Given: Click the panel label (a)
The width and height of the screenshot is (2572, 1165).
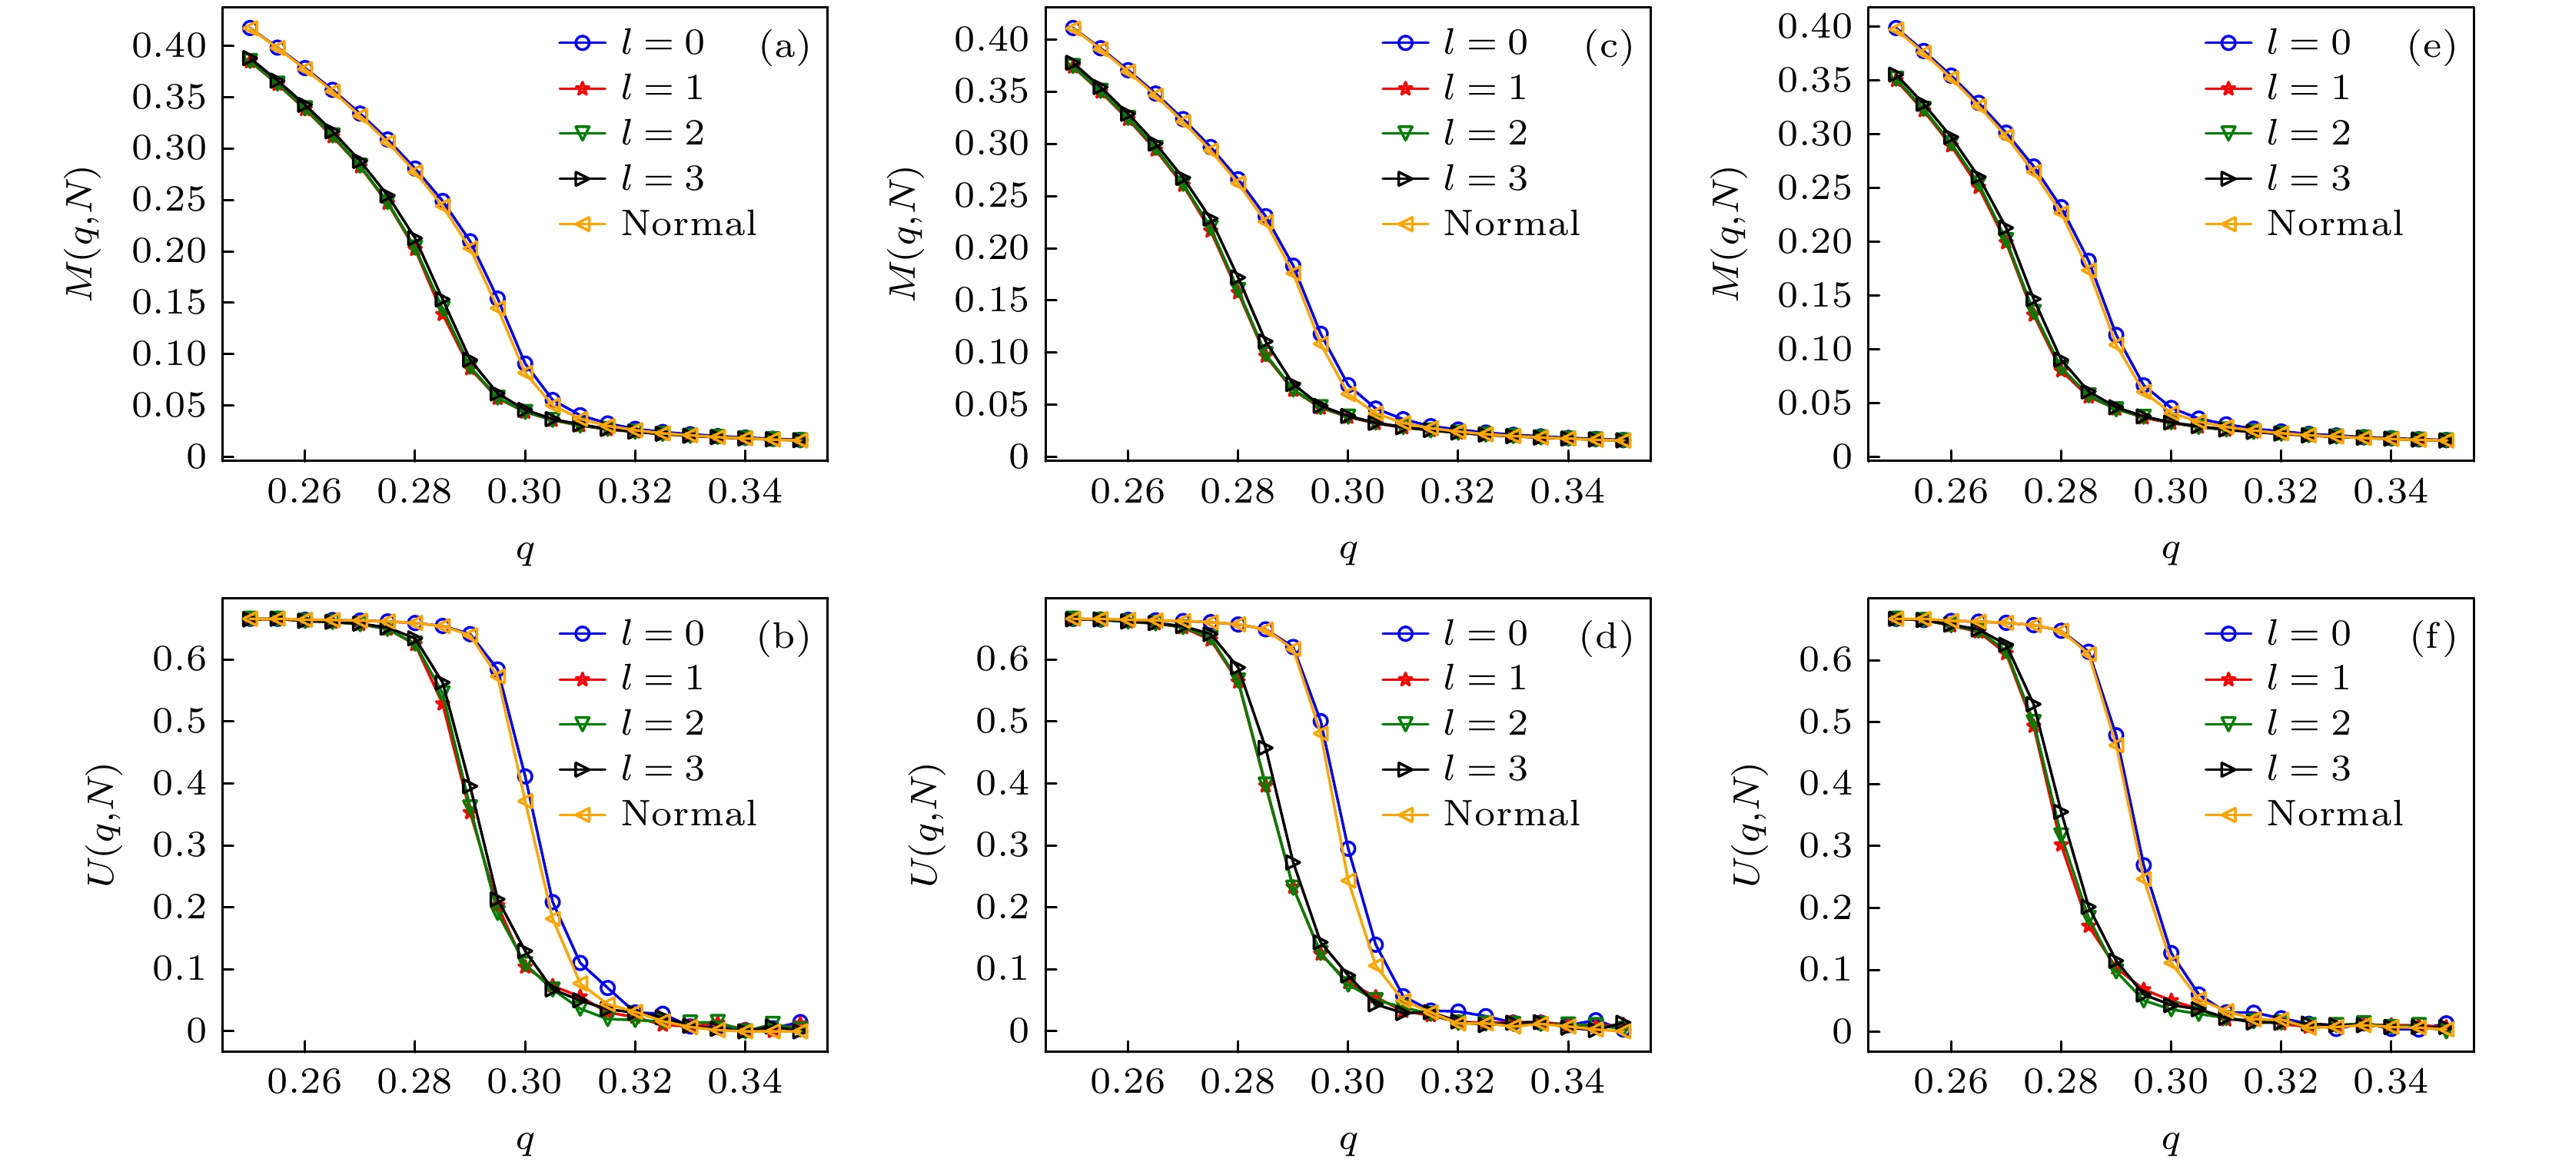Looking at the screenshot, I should pos(784,47).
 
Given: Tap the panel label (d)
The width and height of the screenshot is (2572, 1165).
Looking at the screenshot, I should pos(1606,637).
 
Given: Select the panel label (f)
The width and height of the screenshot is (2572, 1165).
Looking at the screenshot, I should pos(2432,637).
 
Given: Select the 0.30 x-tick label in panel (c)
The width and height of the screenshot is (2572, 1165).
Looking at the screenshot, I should pos(1347,491).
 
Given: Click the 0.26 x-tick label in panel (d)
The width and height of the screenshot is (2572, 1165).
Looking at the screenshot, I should pos(1127,1081).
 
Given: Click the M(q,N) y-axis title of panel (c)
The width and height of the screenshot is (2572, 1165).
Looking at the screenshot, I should pos(905,234).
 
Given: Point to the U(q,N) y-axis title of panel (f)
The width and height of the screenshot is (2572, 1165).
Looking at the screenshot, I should pos(1747,825).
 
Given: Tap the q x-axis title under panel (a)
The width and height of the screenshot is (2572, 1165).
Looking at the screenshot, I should pos(525,550).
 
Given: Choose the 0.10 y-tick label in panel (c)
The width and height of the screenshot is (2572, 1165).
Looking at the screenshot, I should pos(992,353).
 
